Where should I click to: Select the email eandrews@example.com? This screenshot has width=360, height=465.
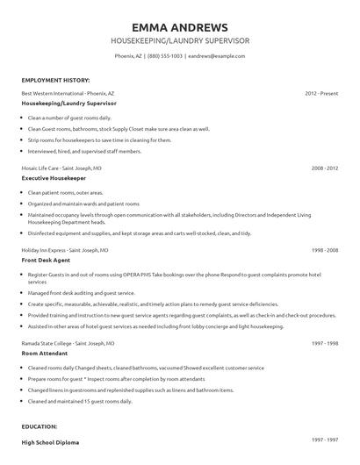[x=217, y=55]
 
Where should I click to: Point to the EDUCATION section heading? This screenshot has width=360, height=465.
[x=40, y=426]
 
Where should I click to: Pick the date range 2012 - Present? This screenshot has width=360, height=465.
[x=321, y=92]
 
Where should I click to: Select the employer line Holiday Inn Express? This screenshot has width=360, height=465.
[x=61, y=250]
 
